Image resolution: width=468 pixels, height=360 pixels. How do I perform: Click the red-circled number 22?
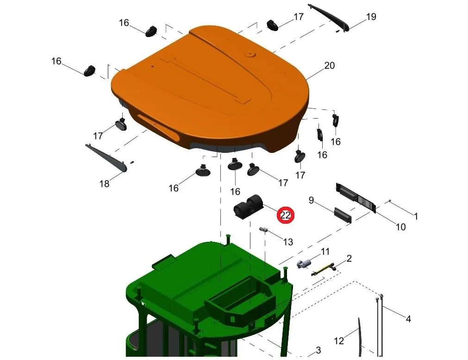tap(286, 215)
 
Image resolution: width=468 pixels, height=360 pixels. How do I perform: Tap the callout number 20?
tap(329, 65)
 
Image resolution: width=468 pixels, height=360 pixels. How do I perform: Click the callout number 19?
tap(371, 17)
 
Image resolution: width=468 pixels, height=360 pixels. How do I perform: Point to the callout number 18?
tap(104, 183)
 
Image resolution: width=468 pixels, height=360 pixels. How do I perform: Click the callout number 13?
tap(288, 242)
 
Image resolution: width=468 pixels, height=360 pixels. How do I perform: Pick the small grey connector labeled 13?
tap(263, 230)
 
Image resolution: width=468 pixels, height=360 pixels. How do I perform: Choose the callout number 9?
tap(311, 200)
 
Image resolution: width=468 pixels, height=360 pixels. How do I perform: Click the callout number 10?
tap(400, 227)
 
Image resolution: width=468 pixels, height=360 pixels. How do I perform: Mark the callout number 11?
tap(325, 252)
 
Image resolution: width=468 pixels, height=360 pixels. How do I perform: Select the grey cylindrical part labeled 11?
tap(304, 264)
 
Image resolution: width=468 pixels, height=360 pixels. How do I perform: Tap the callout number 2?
tap(349, 259)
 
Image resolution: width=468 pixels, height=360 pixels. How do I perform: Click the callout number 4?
tap(408, 319)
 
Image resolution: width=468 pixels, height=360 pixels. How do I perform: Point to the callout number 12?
tap(339, 341)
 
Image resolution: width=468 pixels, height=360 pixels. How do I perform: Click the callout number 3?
tap(318, 350)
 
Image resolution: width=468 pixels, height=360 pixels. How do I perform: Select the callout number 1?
tap(416, 216)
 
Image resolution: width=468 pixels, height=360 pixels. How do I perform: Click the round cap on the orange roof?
tap(250, 54)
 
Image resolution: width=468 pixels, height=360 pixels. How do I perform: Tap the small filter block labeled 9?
tap(343, 215)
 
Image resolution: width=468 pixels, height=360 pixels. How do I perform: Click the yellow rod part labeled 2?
tap(324, 269)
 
